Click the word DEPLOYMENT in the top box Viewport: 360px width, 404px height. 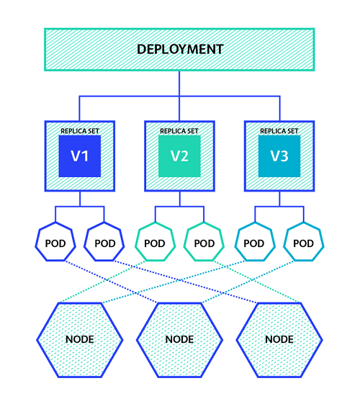[179, 50]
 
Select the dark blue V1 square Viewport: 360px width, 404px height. [79, 156]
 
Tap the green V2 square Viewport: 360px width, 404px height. [179, 156]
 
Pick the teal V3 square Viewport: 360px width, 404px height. [279, 156]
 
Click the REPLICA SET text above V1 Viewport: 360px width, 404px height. [79, 131]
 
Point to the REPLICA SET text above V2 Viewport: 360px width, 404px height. [179, 131]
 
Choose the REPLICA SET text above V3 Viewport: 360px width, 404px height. [279, 131]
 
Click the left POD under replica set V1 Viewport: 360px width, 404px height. [55, 243]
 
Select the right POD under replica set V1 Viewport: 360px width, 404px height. [104, 243]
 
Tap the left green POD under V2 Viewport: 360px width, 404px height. [154, 243]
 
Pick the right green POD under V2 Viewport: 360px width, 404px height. [204, 243]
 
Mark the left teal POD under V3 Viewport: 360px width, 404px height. [253, 243]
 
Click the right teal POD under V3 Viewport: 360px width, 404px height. [303, 243]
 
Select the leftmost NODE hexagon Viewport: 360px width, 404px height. [79, 338]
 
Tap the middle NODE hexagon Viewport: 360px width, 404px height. [179, 338]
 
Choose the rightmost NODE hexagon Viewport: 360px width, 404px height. [279, 338]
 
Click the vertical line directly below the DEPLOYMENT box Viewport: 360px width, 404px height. [179, 83]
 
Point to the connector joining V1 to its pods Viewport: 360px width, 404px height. [79, 207]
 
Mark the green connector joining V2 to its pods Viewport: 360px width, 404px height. [179, 207]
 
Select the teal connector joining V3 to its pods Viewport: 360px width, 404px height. [279, 207]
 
